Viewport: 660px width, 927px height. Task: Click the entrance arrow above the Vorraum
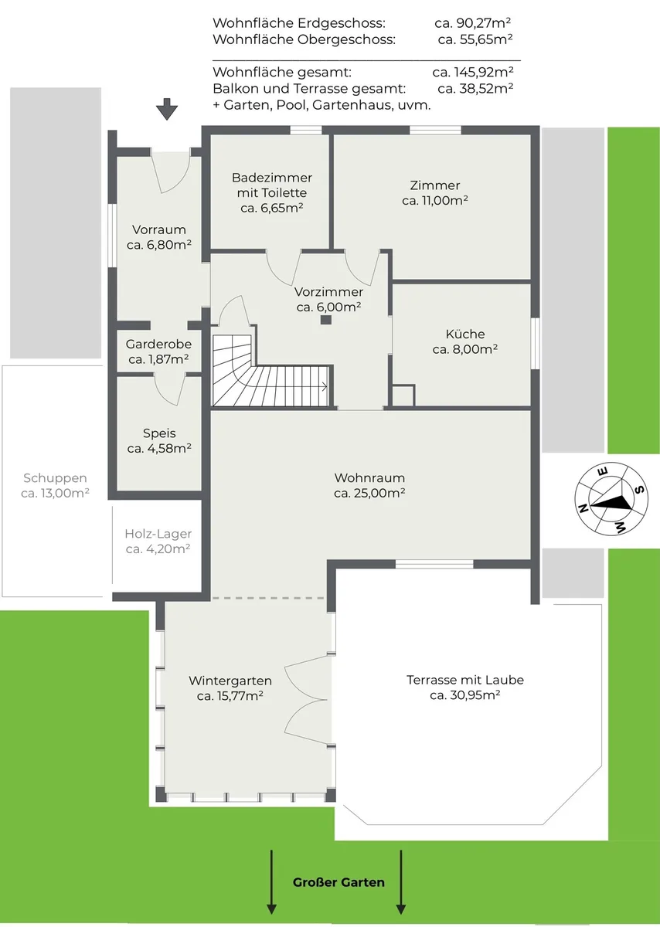[x=167, y=109]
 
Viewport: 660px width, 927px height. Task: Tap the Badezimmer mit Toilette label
[x=271, y=193]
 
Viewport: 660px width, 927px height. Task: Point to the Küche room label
[x=465, y=334]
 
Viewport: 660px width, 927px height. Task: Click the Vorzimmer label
[x=328, y=292]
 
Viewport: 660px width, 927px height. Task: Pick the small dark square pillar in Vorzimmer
[x=326, y=320]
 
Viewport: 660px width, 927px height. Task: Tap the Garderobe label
[x=158, y=344]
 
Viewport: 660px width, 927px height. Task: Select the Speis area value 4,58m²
[x=169, y=449]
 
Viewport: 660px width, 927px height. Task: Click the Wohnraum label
[x=369, y=478]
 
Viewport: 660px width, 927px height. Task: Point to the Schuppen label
[x=55, y=478]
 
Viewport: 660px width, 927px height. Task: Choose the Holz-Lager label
[x=158, y=534]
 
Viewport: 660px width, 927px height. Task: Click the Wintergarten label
[x=230, y=681]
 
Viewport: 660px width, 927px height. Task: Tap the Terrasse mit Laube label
[x=465, y=680]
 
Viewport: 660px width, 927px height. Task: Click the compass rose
[x=611, y=498]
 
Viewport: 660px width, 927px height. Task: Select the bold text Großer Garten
[x=339, y=882]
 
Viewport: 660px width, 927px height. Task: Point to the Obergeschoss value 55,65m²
[x=486, y=39]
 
